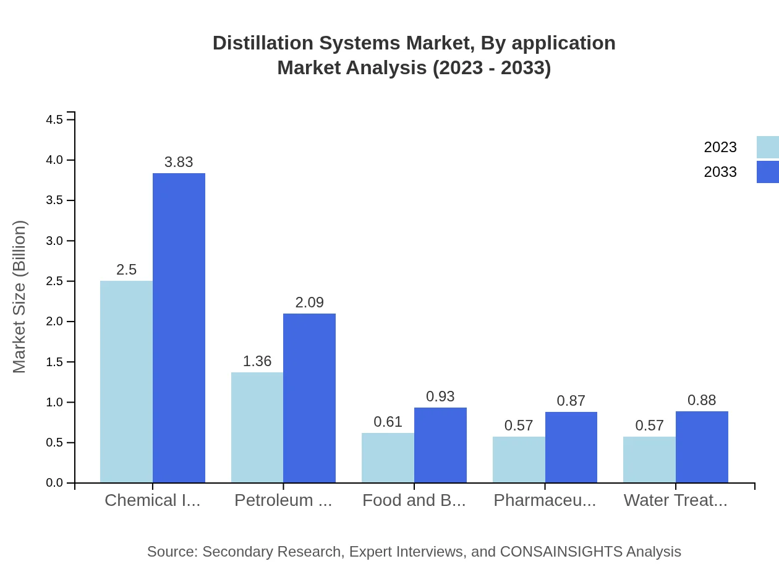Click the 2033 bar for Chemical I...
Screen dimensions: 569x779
tap(179, 328)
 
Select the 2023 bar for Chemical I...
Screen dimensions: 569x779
tap(126, 382)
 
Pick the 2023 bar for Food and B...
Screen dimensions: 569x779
tap(388, 458)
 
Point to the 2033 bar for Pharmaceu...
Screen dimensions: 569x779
tap(571, 447)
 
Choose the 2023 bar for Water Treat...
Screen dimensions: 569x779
tap(649, 460)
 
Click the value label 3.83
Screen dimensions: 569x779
tap(179, 162)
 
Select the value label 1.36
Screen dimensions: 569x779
tap(257, 361)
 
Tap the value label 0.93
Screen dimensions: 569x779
tap(440, 396)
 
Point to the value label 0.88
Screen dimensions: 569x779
tap(702, 400)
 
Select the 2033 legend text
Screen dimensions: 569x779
tap(720, 172)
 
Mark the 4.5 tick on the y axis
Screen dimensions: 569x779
tap(70, 119)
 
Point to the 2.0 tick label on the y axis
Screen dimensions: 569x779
tap(55, 322)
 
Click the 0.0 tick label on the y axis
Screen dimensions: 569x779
tap(55, 483)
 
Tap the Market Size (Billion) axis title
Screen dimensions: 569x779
tap(20, 297)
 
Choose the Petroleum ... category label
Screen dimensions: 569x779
tap(283, 500)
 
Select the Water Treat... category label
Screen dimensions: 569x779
tap(675, 500)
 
